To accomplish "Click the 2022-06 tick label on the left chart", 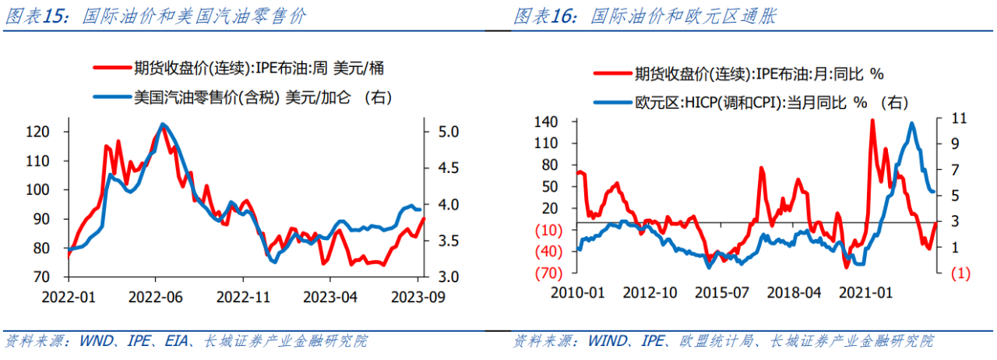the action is pyautogui.click(x=155, y=297).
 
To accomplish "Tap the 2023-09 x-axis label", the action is pyautogui.click(x=418, y=297).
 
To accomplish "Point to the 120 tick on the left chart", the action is pyautogui.click(x=38, y=132).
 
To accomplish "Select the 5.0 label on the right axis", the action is pyautogui.click(x=448, y=132).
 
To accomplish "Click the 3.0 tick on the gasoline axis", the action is pyautogui.click(x=448, y=277).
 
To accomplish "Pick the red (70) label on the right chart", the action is pyautogui.click(x=549, y=273).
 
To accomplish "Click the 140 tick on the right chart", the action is pyautogui.click(x=546, y=122).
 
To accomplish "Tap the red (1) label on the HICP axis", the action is pyautogui.click(x=960, y=274).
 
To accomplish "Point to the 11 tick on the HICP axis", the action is pyautogui.click(x=959, y=118).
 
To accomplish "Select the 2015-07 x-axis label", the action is pyautogui.click(x=722, y=293).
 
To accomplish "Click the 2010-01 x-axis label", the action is pyautogui.click(x=578, y=293).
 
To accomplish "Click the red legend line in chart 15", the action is pyautogui.click(x=113, y=68).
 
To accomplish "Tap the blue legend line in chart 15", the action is pyautogui.click(x=113, y=97).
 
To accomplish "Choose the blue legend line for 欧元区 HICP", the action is pyautogui.click(x=613, y=103).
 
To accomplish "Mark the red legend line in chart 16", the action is pyautogui.click(x=613, y=73).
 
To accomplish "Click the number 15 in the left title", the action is pyautogui.click(x=54, y=16).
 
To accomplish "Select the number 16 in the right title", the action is pyautogui.click(x=562, y=16).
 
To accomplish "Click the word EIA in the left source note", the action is pyautogui.click(x=176, y=341).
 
